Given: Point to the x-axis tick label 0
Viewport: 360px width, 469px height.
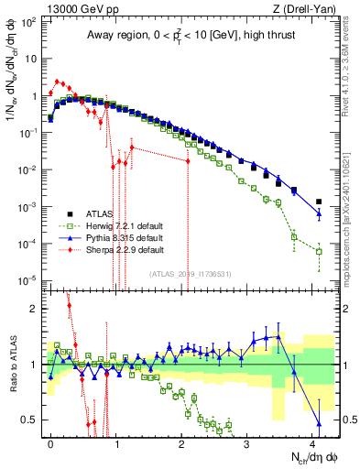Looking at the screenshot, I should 51,442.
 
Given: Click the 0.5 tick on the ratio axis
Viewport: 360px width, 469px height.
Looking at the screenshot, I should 30,420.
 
